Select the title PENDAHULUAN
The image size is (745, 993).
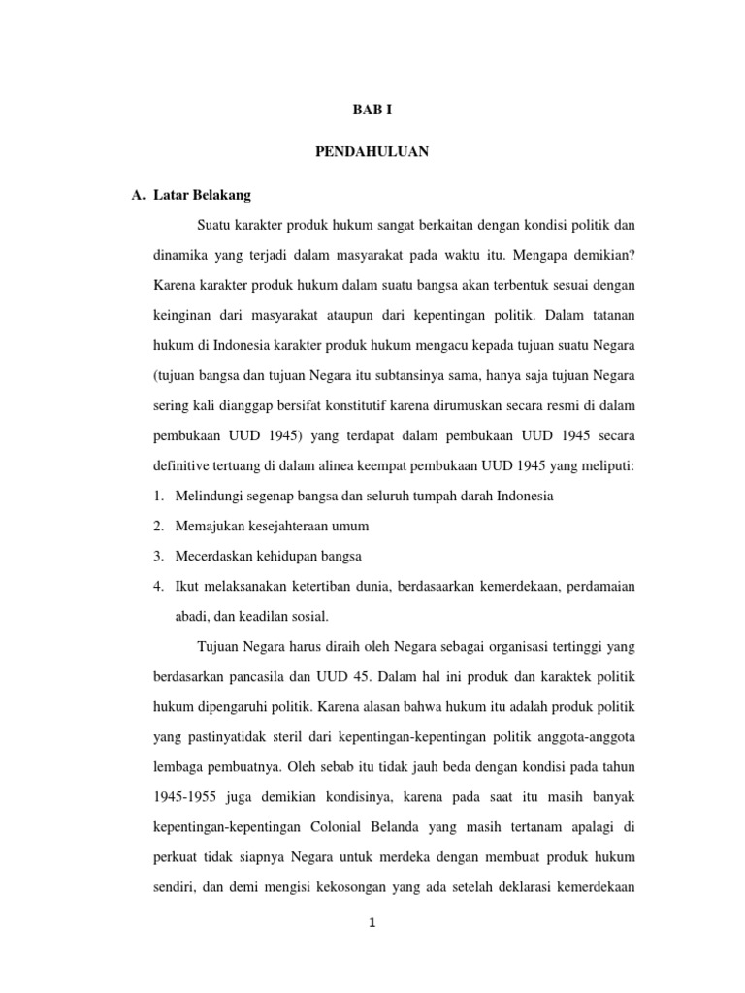(x=372, y=153)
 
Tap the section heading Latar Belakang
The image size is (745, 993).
(x=202, y=195)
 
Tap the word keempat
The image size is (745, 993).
(x=387, y=466)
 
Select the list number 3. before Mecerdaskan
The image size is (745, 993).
(x=159, y=557)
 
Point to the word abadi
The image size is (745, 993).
(x=193, y=617)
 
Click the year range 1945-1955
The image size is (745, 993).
(x=186, y=797)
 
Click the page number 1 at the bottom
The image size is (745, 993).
(x=372, y=923)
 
